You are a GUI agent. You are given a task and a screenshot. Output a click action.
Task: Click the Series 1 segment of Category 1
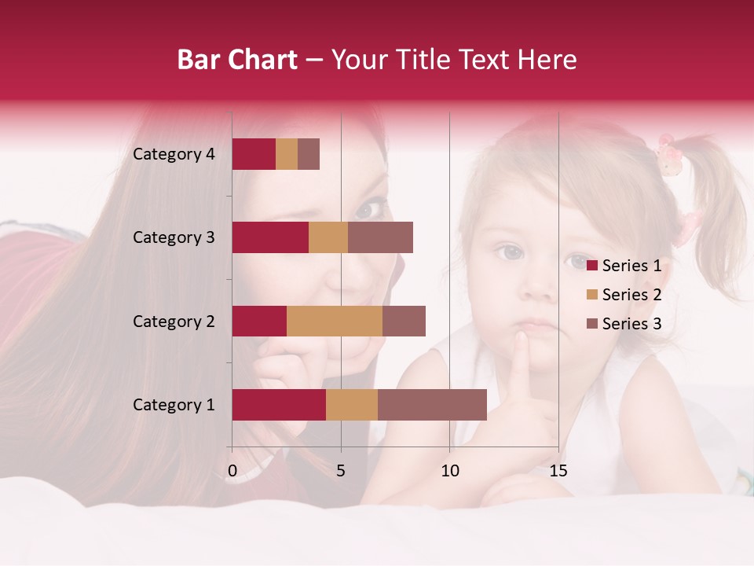tap(278, 405)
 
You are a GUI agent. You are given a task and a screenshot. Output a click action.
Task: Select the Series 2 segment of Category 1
tap(351, 405)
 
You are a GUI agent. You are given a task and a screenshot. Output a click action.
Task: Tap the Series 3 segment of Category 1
tap(432, 405)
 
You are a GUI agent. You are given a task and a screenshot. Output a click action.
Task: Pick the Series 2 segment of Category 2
tap(334, 321)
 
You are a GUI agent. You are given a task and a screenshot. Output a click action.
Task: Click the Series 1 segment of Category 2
tap(259, 321)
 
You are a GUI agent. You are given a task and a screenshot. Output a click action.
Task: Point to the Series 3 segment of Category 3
tap(380, 237)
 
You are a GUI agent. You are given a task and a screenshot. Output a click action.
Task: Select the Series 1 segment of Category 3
tap(270, 237)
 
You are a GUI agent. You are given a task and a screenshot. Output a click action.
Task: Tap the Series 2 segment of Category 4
tap(287, 154)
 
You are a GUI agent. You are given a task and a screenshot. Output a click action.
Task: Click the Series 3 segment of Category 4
tap(309, 154)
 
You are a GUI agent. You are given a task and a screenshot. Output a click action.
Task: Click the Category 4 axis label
tap(174, 154)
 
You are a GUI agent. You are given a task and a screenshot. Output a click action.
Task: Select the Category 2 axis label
tap(174, 321)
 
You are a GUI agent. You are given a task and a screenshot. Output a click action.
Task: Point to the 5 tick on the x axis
tap(341, 471)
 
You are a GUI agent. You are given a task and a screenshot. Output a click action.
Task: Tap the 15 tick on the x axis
tap(558, 471)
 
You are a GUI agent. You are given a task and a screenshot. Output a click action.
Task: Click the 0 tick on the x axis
tap(232, 471)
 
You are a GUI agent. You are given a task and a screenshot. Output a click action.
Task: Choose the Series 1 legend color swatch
tap(592, 266)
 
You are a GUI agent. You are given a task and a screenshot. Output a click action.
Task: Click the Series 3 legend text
tap(631, 324)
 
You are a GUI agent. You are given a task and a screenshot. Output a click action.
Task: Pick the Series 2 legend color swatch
tap(592, 295)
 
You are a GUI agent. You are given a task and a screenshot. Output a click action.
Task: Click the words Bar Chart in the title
tap(236, 60)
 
